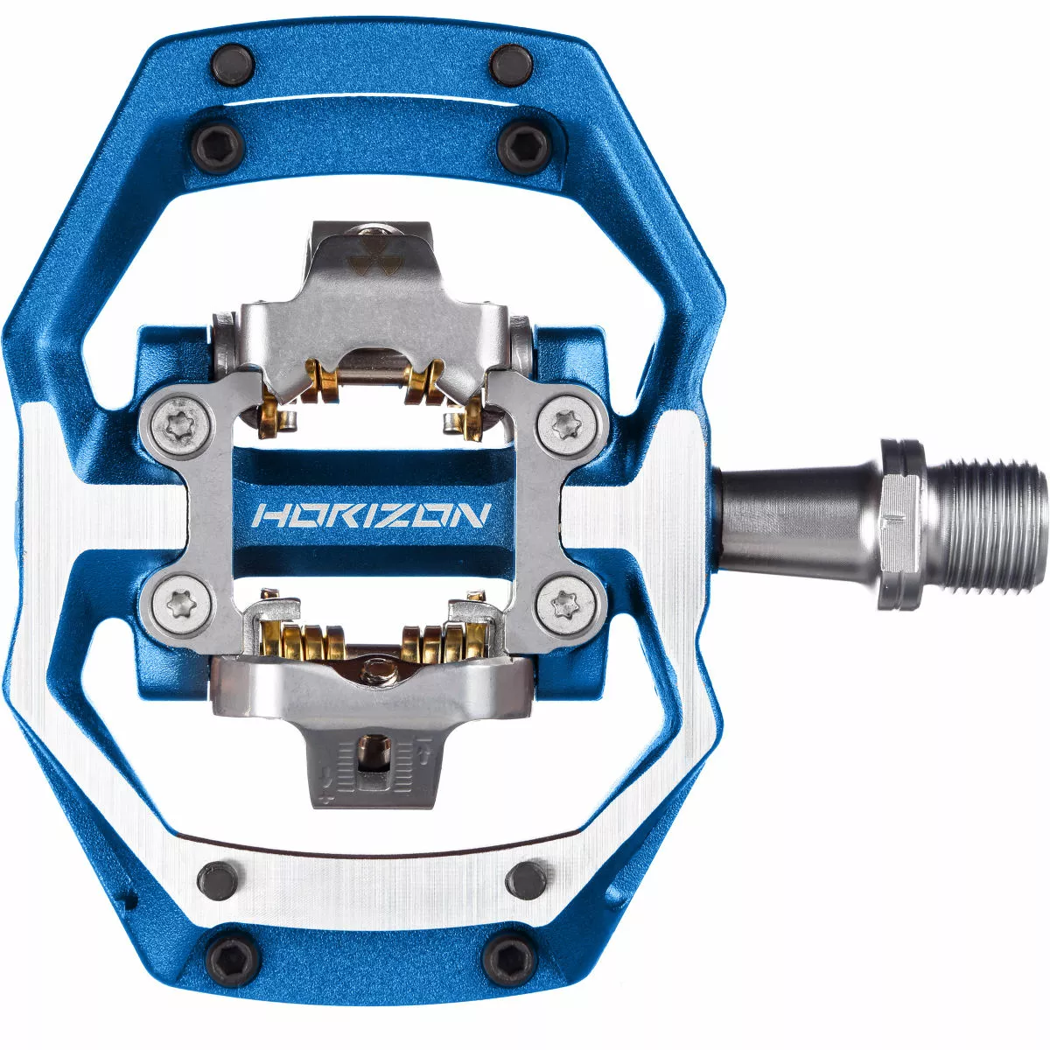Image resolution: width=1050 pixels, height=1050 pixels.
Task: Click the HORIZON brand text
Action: (368, 514)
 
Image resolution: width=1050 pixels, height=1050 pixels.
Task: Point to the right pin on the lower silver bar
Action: (525, 874)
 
